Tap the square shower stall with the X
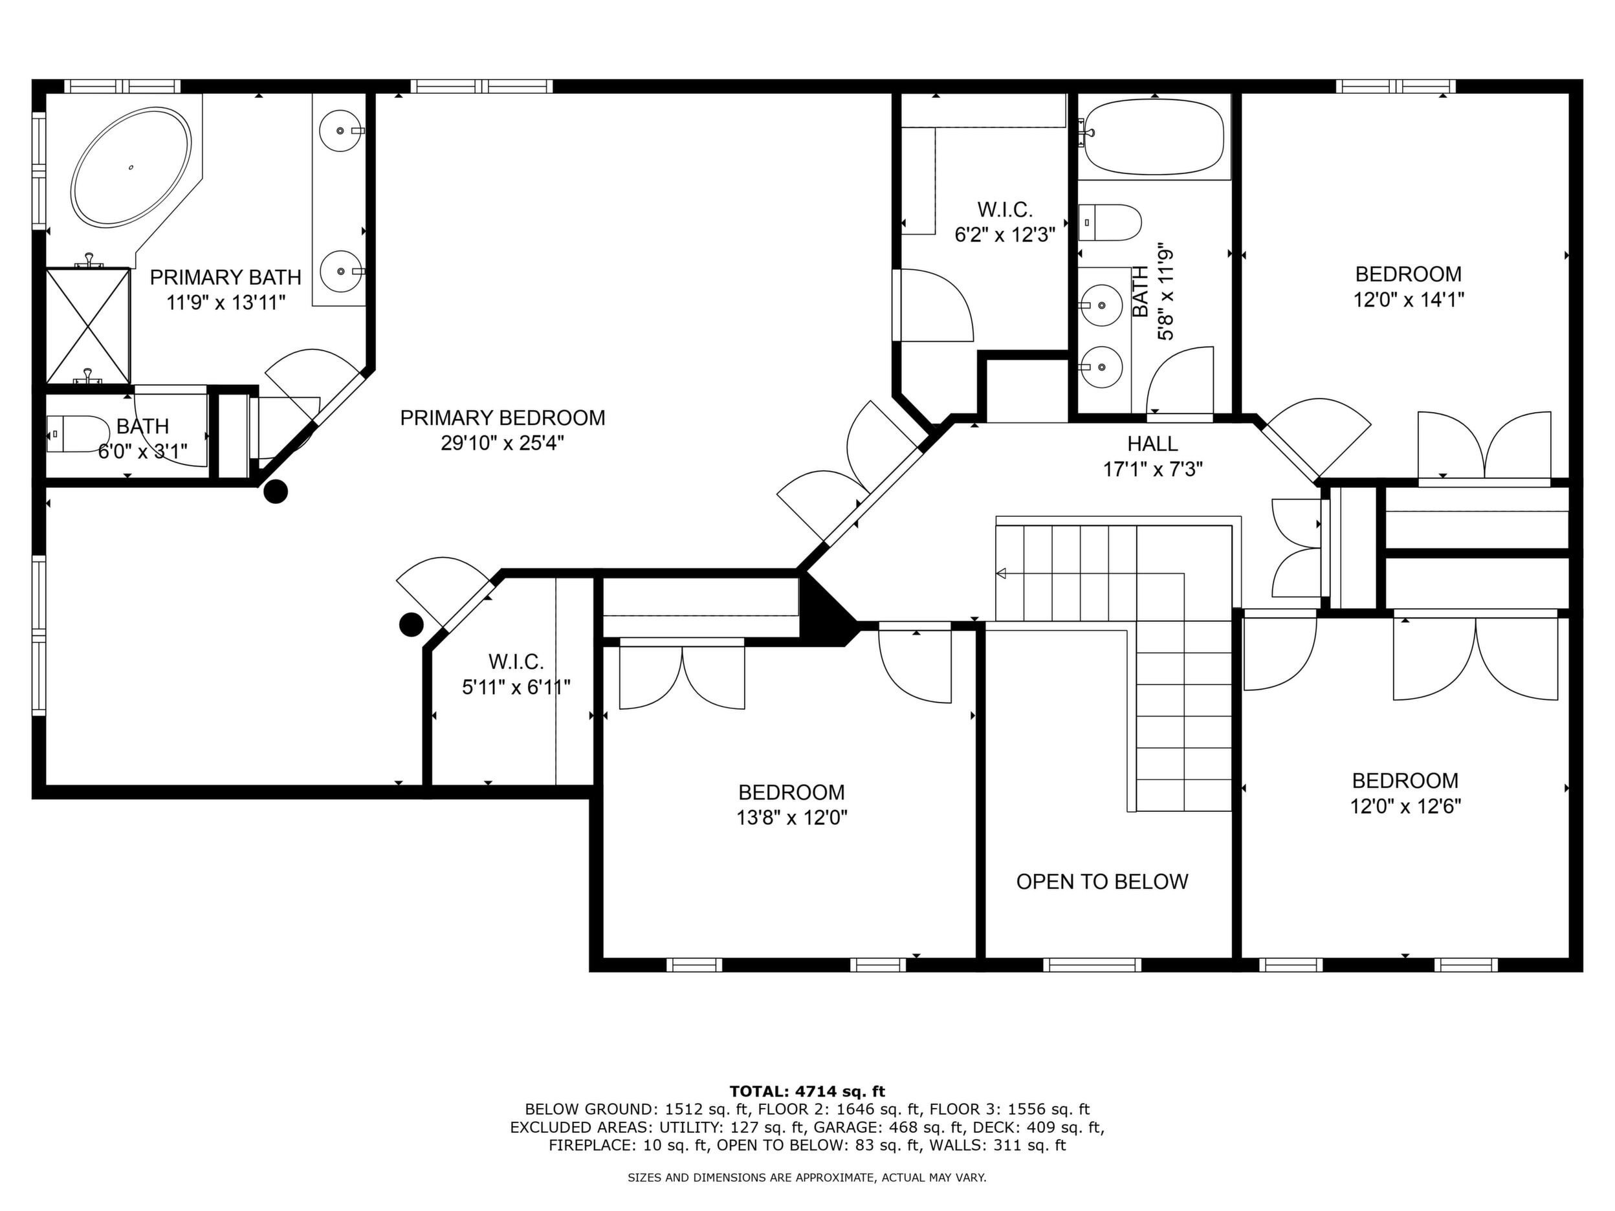tap(87, 325)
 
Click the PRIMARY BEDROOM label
tap(502, 419)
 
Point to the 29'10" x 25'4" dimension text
tap(502, 443)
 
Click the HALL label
tap(1152, 444)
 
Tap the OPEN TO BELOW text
tap(1102, 882)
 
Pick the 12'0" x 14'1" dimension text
tap(1409, 300)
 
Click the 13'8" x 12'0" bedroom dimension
tap(791, 818)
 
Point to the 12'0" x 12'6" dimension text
tap(1405, 807)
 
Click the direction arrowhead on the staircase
tap(1001, 574)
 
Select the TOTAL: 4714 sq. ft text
tap(807, 1092)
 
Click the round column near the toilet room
tap(275, 492)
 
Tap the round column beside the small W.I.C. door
tap(411, 624)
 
